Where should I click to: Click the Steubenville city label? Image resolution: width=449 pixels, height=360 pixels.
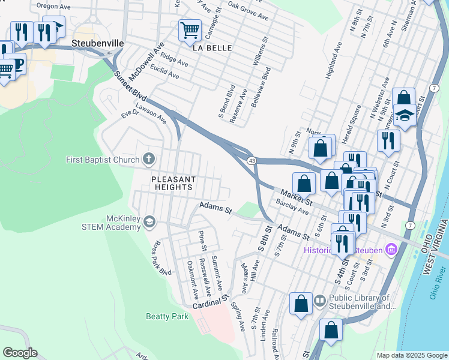click(x=97, y=44)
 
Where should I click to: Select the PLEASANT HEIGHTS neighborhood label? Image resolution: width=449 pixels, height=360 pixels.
click(x=172, y=183)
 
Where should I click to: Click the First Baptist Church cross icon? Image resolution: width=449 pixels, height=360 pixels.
click(x=149, y=160)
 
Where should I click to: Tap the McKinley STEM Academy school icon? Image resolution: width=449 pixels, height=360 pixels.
click(x=149, y=222)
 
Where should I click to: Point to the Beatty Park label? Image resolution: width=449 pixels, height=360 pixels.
click(x=167, y=316)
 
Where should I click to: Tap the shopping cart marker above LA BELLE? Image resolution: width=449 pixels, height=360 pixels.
click(x=190, y=29)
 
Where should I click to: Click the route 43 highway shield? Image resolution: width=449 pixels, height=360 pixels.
click(x=252, y=160)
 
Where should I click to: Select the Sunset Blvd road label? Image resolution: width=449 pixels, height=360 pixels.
click(x=130, y=86)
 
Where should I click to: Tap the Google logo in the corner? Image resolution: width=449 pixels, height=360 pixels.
click(x=19, y=353)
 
